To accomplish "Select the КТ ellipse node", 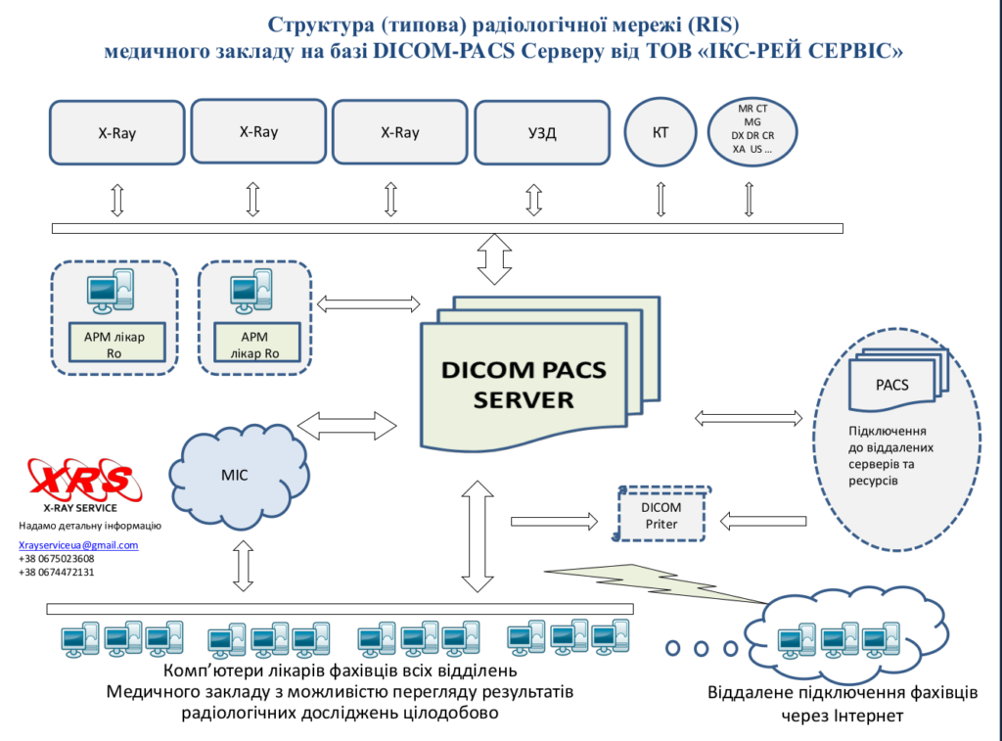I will click(660, 132).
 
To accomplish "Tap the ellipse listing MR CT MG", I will click(751, 130).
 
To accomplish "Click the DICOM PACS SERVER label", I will click(524, 385).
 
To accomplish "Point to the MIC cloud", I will click(235, 475).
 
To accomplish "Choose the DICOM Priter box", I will click(661, 516).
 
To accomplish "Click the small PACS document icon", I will click(892, 385).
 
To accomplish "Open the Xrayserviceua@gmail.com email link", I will click(78, 545).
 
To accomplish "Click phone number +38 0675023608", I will click(56, 559).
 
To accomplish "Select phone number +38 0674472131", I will click(56, 573).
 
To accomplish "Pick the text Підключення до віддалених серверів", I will click(890, 456).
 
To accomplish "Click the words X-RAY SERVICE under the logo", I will click(80, 508).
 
